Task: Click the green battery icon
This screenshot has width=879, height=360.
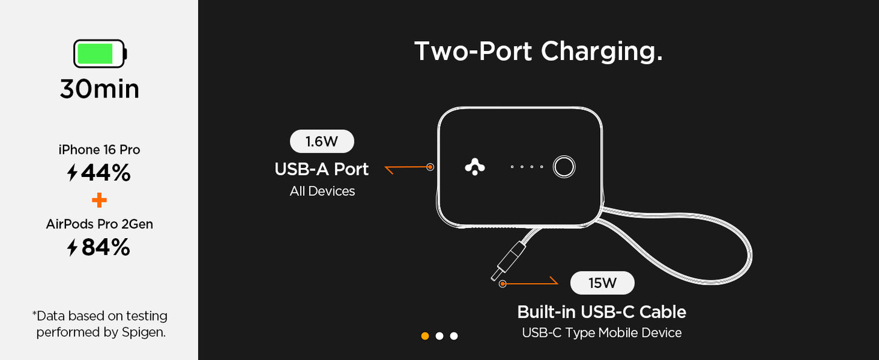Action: (x=99, y=54)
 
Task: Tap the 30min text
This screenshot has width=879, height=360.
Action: (x=99, y=89)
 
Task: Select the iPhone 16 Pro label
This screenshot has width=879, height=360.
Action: (x=99, y=150)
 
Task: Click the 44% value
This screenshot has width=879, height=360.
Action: (x=106, y=173)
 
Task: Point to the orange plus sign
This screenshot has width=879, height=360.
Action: (x=99, y=200)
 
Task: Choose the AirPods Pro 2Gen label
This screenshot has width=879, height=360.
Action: (x=99, y=224)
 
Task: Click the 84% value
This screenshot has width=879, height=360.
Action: (x=106, y=247)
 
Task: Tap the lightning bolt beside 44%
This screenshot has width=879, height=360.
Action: (x=72, y=173)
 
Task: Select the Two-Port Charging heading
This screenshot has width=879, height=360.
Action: (x=538, y=52)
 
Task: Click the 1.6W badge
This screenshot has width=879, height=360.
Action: (x=322, y=142)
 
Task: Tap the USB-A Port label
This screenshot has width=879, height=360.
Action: (x=321, y=169)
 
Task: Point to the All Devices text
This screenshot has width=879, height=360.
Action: (x=322, y=192)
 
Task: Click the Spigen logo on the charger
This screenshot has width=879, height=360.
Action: (x=475, y=167)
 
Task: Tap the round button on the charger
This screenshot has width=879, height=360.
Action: (x=564, y=167)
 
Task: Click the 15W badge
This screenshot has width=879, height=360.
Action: (x=602, y=283)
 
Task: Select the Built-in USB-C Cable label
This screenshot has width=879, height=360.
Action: (x=601, y=312)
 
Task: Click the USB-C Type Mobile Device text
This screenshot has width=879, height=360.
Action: (x=601, y=333)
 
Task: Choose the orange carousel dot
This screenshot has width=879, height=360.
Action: (x=425, y=336)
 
